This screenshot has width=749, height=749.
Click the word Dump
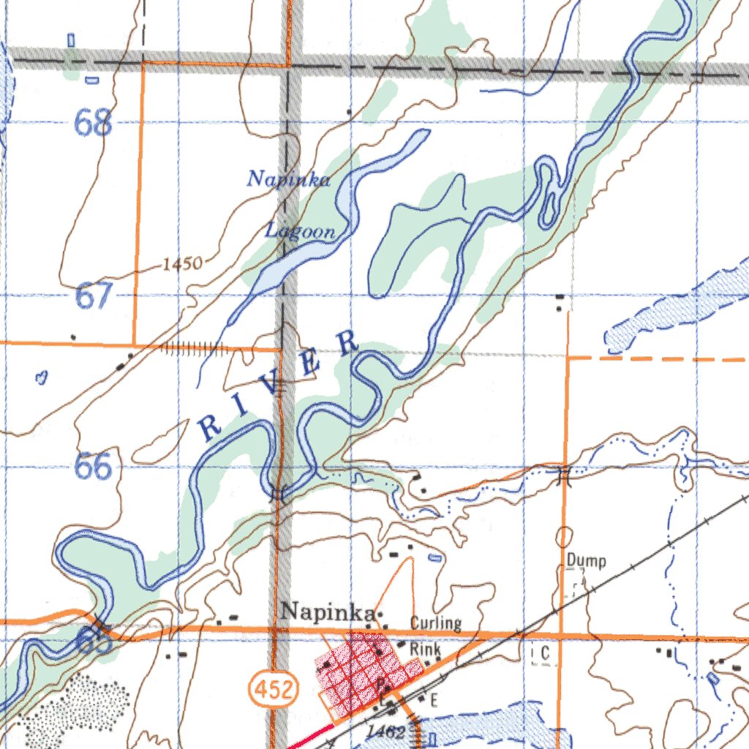586,562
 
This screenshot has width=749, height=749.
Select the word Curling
435,623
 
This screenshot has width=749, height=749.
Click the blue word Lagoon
300,232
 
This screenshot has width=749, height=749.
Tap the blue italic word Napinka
288,178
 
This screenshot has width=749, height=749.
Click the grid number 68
94,124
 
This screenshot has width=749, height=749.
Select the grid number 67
94,297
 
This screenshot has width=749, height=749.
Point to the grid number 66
94,467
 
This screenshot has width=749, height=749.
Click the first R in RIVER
211,428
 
